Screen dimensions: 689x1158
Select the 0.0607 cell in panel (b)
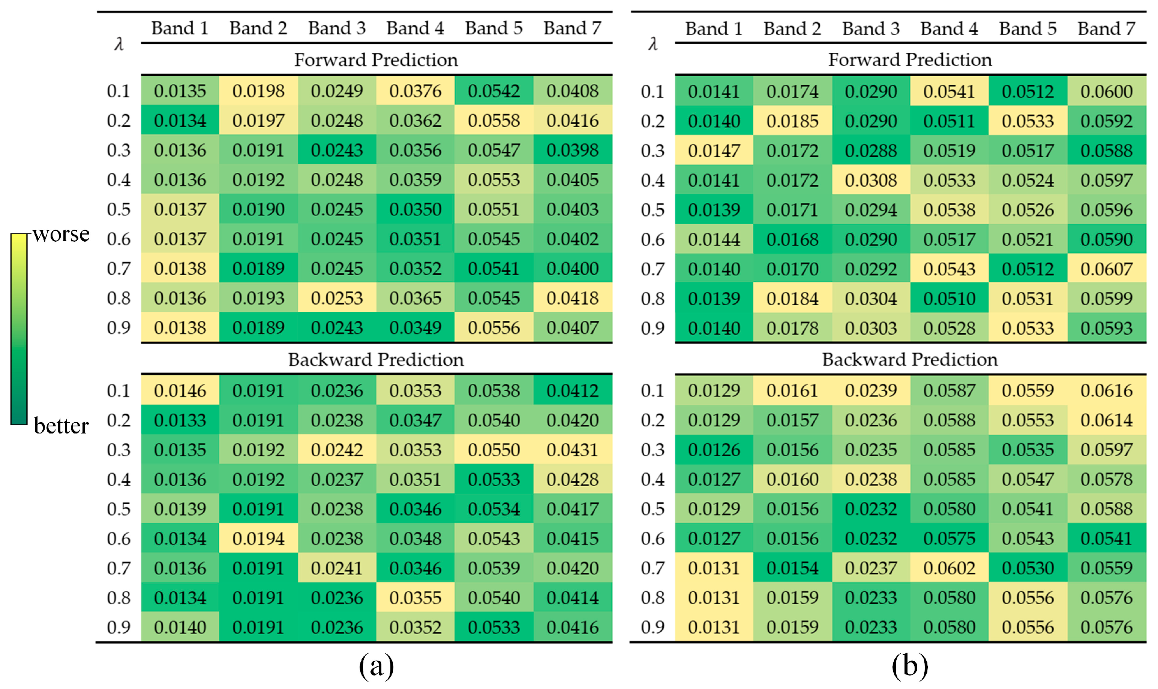coord(1106,269)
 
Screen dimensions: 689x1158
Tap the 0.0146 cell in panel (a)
coord(180,390)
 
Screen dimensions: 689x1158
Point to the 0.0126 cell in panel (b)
coord(714,450)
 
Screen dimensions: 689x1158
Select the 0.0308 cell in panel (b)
coord(870,180)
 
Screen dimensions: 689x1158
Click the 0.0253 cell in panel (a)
coord(337,298)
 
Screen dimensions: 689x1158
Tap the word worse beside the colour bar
coord(61,235)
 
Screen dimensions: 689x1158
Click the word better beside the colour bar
coord(61,426)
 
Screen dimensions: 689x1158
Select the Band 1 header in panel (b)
coord(713,29)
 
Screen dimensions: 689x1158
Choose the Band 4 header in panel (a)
coord(415,28)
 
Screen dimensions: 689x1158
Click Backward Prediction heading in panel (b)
coord(909,359)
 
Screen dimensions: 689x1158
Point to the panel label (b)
coord(909,666)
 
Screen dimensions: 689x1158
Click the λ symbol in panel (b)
coord(652,44)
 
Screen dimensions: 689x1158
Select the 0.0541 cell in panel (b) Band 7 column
coord(1106,538)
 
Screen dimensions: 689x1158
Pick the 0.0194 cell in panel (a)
coord(258,538)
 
